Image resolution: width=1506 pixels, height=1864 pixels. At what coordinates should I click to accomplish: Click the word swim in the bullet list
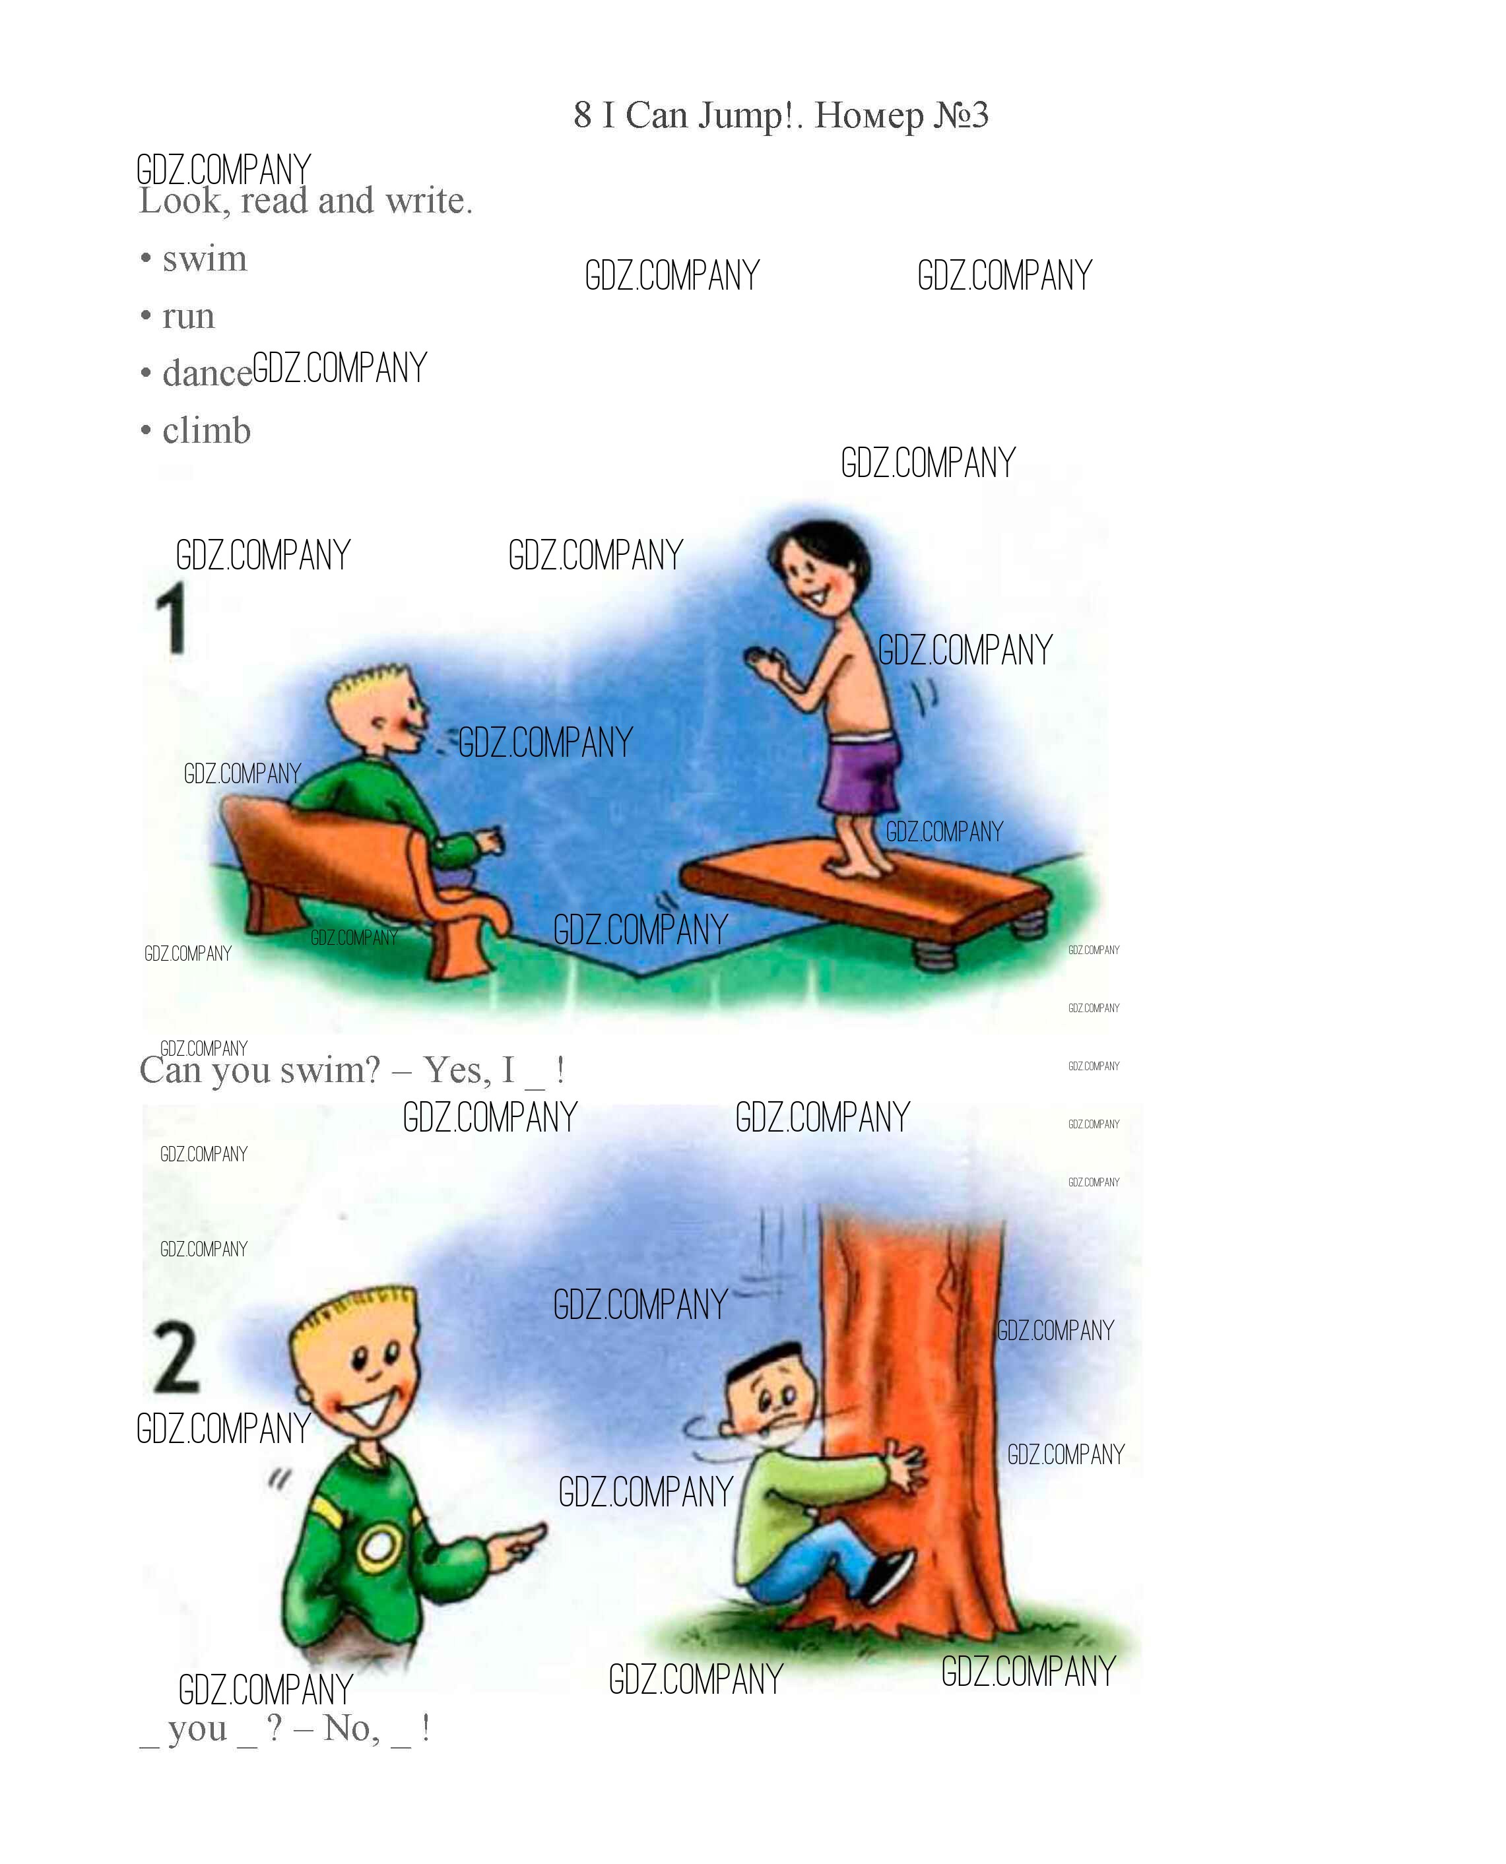(x=205, y=259)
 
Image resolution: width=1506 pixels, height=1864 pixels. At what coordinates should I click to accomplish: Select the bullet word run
(x=188, y=317)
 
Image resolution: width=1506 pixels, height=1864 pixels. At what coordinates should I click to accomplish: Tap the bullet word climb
(x=207, y=430)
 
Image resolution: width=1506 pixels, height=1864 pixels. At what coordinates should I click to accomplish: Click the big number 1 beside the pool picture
(x=172, y=618)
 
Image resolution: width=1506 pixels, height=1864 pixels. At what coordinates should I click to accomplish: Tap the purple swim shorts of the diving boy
(x=859, y=772)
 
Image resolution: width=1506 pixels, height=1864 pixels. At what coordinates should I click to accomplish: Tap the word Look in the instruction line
(x=184, y=201)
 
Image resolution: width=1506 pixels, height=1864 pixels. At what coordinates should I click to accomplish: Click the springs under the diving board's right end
(x=1028, y=921)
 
